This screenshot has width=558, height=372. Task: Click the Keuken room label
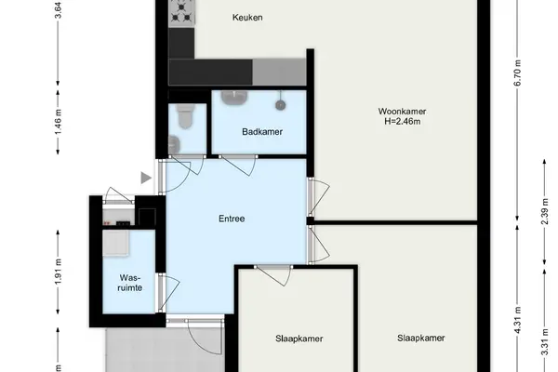point(247,17)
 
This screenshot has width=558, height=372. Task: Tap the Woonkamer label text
point(402,112)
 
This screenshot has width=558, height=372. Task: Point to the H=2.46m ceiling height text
point(403,122)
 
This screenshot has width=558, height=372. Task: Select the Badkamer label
point(262,132)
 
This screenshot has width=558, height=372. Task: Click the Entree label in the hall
point(232,219)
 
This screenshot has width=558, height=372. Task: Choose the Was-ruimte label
point(130,283)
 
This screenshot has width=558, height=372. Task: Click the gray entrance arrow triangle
point(146,178)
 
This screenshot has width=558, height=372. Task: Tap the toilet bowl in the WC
point(186,116)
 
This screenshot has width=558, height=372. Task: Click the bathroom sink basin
point(234,97)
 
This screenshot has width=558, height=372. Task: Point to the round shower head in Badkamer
point(281,105)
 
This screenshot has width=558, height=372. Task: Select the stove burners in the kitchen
point(181,12)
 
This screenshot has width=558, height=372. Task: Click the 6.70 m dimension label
point(517,73)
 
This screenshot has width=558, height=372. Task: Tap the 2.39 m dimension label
point(544,211)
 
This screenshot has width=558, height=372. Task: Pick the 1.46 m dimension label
point(58,122)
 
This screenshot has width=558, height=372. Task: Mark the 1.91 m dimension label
point(58,272)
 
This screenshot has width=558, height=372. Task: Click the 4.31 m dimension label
point(517,320)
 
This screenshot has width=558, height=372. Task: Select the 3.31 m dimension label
point(544,342)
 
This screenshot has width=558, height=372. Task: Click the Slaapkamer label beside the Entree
point(299,339)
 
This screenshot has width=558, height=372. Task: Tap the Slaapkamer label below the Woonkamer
point(421,338)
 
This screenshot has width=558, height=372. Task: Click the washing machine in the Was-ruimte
point(116,243)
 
